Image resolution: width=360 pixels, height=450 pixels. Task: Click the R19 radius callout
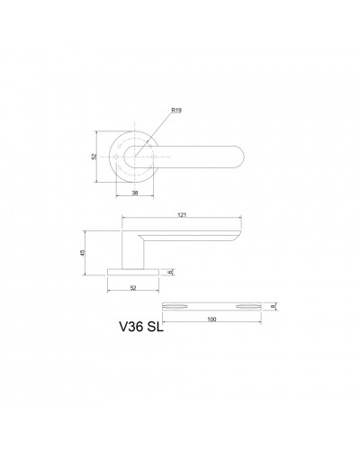coord(176,111)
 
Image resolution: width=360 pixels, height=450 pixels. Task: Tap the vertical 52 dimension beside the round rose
coord(94,157)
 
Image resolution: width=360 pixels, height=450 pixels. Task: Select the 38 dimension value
coord(135,193)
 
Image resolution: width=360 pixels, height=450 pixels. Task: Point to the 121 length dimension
coord(182,215)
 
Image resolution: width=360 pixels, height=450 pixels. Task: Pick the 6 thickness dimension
coord(170,272)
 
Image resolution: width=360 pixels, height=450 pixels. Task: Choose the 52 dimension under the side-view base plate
coord(133,288)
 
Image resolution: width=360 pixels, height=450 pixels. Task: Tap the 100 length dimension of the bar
coord(211,319)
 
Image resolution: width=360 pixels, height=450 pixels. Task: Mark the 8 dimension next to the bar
coord(273,306)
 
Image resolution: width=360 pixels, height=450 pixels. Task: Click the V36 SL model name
coord(141,327)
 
